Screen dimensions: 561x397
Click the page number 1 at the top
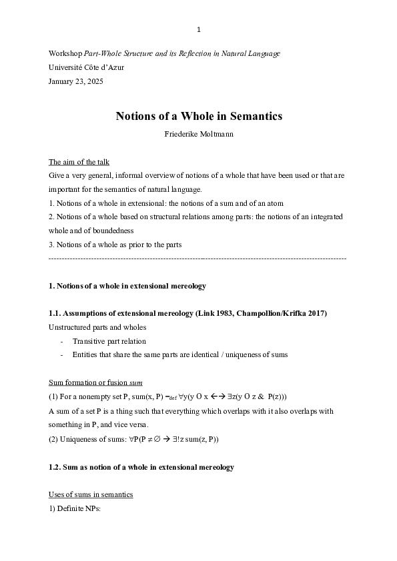point(198,29)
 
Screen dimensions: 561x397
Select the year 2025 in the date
point(94,81)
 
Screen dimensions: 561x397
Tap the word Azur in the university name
point(115,67)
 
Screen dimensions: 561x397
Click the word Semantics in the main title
point(256,116)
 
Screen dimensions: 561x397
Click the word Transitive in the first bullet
point(89,341)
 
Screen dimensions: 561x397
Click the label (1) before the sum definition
point(53,396)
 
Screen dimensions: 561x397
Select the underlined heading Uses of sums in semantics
point(91,494)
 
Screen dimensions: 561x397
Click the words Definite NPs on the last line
point(78,508)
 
